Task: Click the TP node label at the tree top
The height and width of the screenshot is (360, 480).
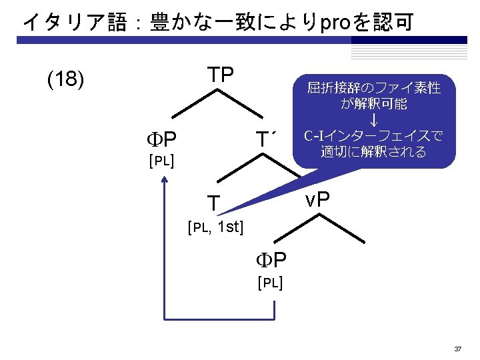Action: pos(219,75)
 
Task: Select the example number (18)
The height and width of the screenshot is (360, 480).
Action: pos(66,80)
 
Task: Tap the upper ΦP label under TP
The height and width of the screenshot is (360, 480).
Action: pos(161,139)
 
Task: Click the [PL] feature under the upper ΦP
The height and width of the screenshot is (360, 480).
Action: pos(161,161)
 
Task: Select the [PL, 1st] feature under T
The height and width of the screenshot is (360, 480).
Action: pos(215,228)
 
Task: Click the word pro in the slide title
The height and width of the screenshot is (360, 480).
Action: pos(336,23)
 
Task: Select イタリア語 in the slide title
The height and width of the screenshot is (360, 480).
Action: pos(74,23)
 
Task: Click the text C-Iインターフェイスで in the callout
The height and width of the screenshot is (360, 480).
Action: pos(373,136)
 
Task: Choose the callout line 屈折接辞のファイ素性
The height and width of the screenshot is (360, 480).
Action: pos(373,88)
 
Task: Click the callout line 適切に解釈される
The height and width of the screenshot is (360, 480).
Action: pos(373,152)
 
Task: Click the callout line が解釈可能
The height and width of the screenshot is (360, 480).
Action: pos(373,104)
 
